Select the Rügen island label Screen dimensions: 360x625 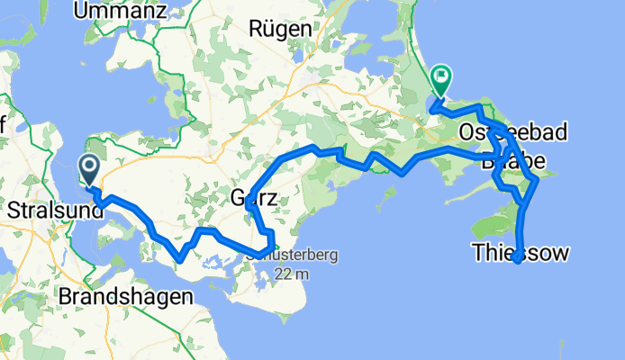281,29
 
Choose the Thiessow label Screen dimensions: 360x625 521,254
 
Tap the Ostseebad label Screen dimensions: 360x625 513,133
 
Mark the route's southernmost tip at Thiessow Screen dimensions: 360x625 518,261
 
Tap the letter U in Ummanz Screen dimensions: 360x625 81,11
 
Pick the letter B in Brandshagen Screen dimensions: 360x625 64,296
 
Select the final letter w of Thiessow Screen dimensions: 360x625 560,254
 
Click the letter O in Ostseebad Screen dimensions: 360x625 466,133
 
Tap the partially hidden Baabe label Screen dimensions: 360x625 513,163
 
